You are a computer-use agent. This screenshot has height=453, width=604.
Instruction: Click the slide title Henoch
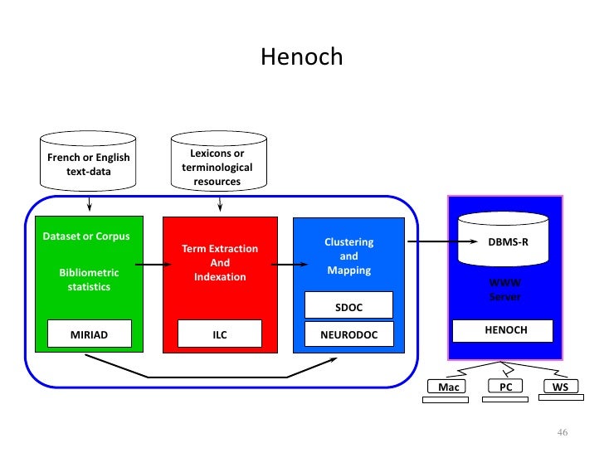tap(301, 57)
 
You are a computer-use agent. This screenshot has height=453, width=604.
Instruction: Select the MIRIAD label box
tap(89, 334)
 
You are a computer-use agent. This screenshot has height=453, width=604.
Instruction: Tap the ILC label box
tap(220, 334)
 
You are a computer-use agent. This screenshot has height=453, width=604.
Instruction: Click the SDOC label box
tap(348, 307)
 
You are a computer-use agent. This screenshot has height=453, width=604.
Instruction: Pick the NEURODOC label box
tap(348, 334)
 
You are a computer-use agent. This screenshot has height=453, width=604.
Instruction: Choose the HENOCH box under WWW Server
tap(505, 330)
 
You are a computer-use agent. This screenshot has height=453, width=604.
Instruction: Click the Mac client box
tap(448, 387)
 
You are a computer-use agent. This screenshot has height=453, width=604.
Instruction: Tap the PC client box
tap(504, 387)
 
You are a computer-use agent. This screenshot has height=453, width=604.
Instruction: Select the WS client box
tap(560, 387)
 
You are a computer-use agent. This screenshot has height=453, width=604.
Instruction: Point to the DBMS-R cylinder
tap(505, 236)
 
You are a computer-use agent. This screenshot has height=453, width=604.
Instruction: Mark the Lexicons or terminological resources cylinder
tap(217, 164)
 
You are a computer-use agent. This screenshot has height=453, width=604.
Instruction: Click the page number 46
tap(562, 433)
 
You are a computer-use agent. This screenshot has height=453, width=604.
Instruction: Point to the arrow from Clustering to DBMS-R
tap(429, 242)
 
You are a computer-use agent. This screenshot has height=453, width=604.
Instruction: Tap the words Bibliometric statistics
tap(89, 280)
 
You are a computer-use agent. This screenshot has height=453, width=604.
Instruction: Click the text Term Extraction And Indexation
tap(220, 262)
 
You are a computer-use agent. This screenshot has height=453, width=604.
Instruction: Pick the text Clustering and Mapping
tap(348, 256)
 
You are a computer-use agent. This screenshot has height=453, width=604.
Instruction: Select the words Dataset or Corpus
tap(86, 236)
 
